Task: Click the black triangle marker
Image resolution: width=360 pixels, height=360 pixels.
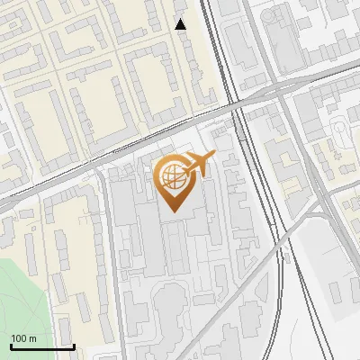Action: pyautogui.click(x=181, y=24)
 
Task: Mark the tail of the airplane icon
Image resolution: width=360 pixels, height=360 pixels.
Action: pyautogui.click(x=185, y=167)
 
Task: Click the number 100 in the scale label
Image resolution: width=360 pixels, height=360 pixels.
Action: pyautogui.click(x=20, y=338)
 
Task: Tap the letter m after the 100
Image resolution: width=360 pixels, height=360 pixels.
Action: pyautogui.click(x=32, y=338)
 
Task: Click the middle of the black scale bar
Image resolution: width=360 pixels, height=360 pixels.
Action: pyautogui.click(x=42, y=346)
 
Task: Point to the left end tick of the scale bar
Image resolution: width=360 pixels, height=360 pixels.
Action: pyautogui.click(x=12, y=345)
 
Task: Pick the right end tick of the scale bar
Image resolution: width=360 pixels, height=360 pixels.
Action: pyautogui.click(x=73, y=345)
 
